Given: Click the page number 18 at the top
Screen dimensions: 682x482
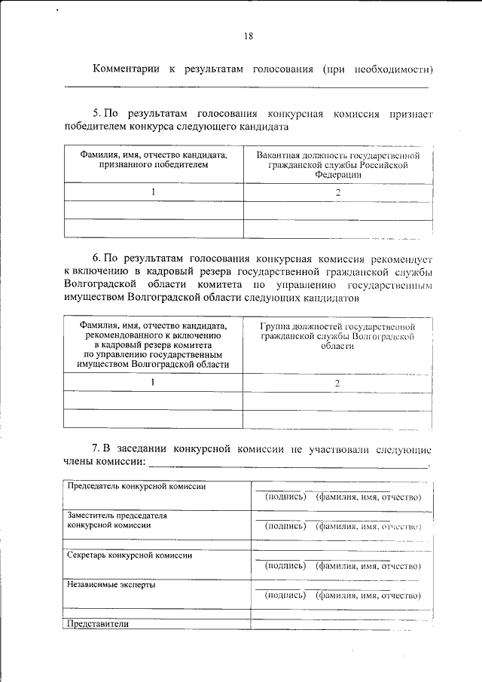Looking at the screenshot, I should [249, 35].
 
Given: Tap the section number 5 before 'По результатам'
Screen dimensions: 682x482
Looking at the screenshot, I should [95, 114].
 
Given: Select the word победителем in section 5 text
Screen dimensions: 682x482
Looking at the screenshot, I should [99, 127].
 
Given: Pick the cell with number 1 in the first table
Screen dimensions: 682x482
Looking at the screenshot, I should [153, 192].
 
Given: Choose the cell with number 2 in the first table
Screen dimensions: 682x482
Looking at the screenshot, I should [338, 192].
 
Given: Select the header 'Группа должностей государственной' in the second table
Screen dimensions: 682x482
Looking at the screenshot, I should [338, 326].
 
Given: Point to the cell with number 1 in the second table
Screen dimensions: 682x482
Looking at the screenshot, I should [153, 382].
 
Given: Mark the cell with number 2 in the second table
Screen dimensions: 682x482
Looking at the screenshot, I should [338, 383].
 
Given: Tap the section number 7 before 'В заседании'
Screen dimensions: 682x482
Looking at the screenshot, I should [95, 450].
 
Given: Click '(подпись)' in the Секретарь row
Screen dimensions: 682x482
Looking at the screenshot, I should [285, 565].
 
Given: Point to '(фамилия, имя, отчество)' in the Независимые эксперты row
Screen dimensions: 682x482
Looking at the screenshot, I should [368, 595].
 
